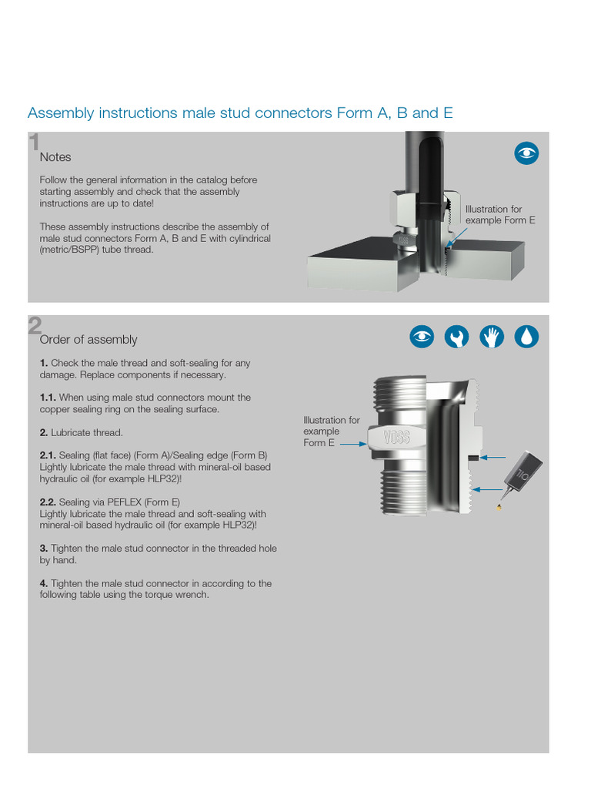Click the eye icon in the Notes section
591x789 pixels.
click(526, 153)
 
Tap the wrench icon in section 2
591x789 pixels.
click(457, 337)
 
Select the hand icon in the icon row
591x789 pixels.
click(492, 337)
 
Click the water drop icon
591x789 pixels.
click(526, 337)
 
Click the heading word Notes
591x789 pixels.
click(55, 157)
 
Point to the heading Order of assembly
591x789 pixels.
click(88, 340)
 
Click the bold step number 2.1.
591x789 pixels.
click(48, 455)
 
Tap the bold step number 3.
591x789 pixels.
click(44, 549)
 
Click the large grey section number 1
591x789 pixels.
click(34, 143)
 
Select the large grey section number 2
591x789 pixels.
click(35, 326)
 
